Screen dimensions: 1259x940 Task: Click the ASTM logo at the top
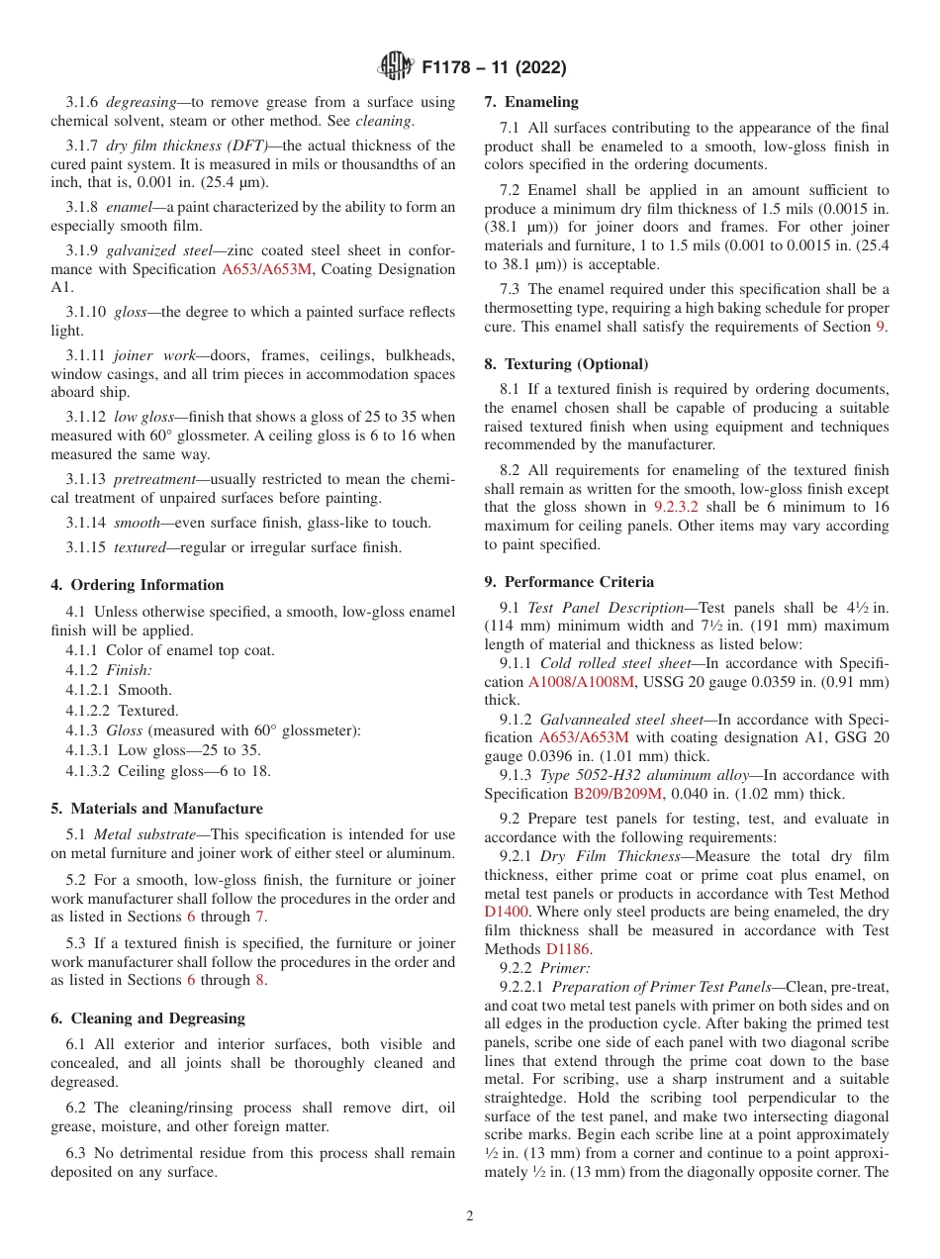(x=396, y=68)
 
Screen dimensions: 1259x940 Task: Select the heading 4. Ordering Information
(x=138, y=585)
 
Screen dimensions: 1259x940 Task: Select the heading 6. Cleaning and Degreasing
(x=147, y=1018)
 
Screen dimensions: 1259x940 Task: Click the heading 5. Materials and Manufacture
(x=156, y=809)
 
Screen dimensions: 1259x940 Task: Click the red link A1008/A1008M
(x=572, y=682)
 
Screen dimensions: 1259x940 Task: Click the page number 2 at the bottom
(x=470, y=1216)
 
